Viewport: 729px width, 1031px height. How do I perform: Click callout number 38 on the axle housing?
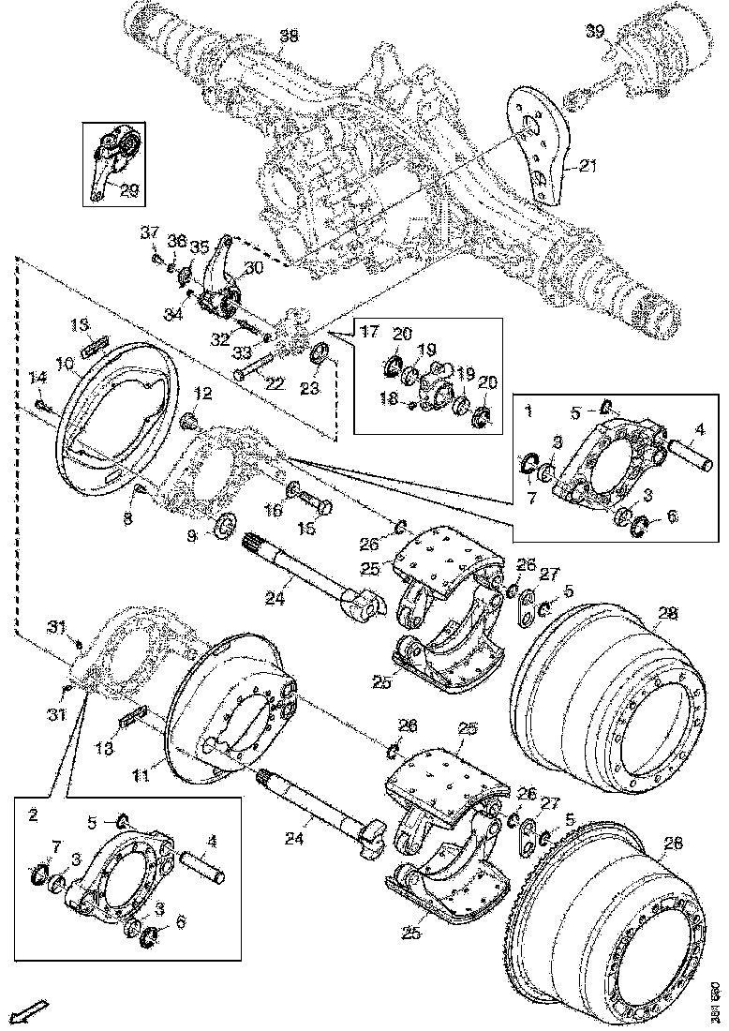(x=290, y=37)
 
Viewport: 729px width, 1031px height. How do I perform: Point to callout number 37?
(x=147, y=232)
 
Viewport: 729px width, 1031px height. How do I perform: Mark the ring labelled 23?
(x=320, y=354)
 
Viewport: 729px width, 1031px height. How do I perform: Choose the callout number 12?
(x=203, y=391)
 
